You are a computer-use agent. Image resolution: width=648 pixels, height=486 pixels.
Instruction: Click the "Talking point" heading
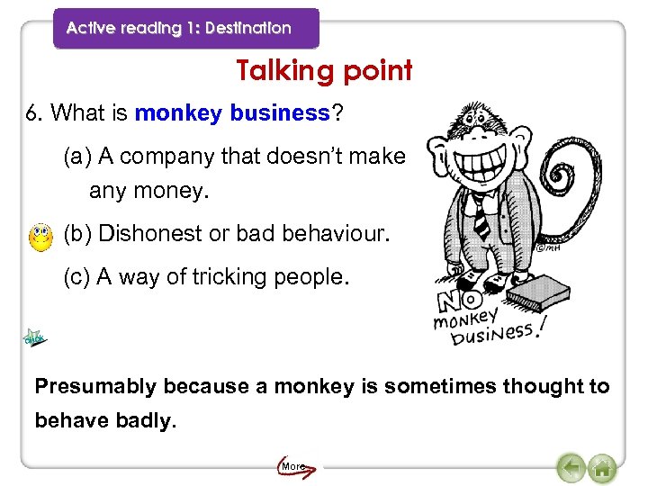click(x=324, y=70)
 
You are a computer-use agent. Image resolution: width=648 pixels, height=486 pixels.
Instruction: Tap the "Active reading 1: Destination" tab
click(x=179, y=28)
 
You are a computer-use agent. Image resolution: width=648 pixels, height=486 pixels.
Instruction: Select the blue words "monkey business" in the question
click(x=232, y=113)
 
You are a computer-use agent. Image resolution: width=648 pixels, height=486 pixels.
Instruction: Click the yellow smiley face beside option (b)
click(x=40, y=237)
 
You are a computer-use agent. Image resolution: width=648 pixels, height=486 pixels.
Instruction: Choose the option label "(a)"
click(x=78, y=157)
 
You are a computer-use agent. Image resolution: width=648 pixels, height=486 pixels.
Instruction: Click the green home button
click(x=602, y=468)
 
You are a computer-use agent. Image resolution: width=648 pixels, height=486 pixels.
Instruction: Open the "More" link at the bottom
click(x=293, y=467)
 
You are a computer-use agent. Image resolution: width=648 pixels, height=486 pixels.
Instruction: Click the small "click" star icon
click(x=34, y=338)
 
